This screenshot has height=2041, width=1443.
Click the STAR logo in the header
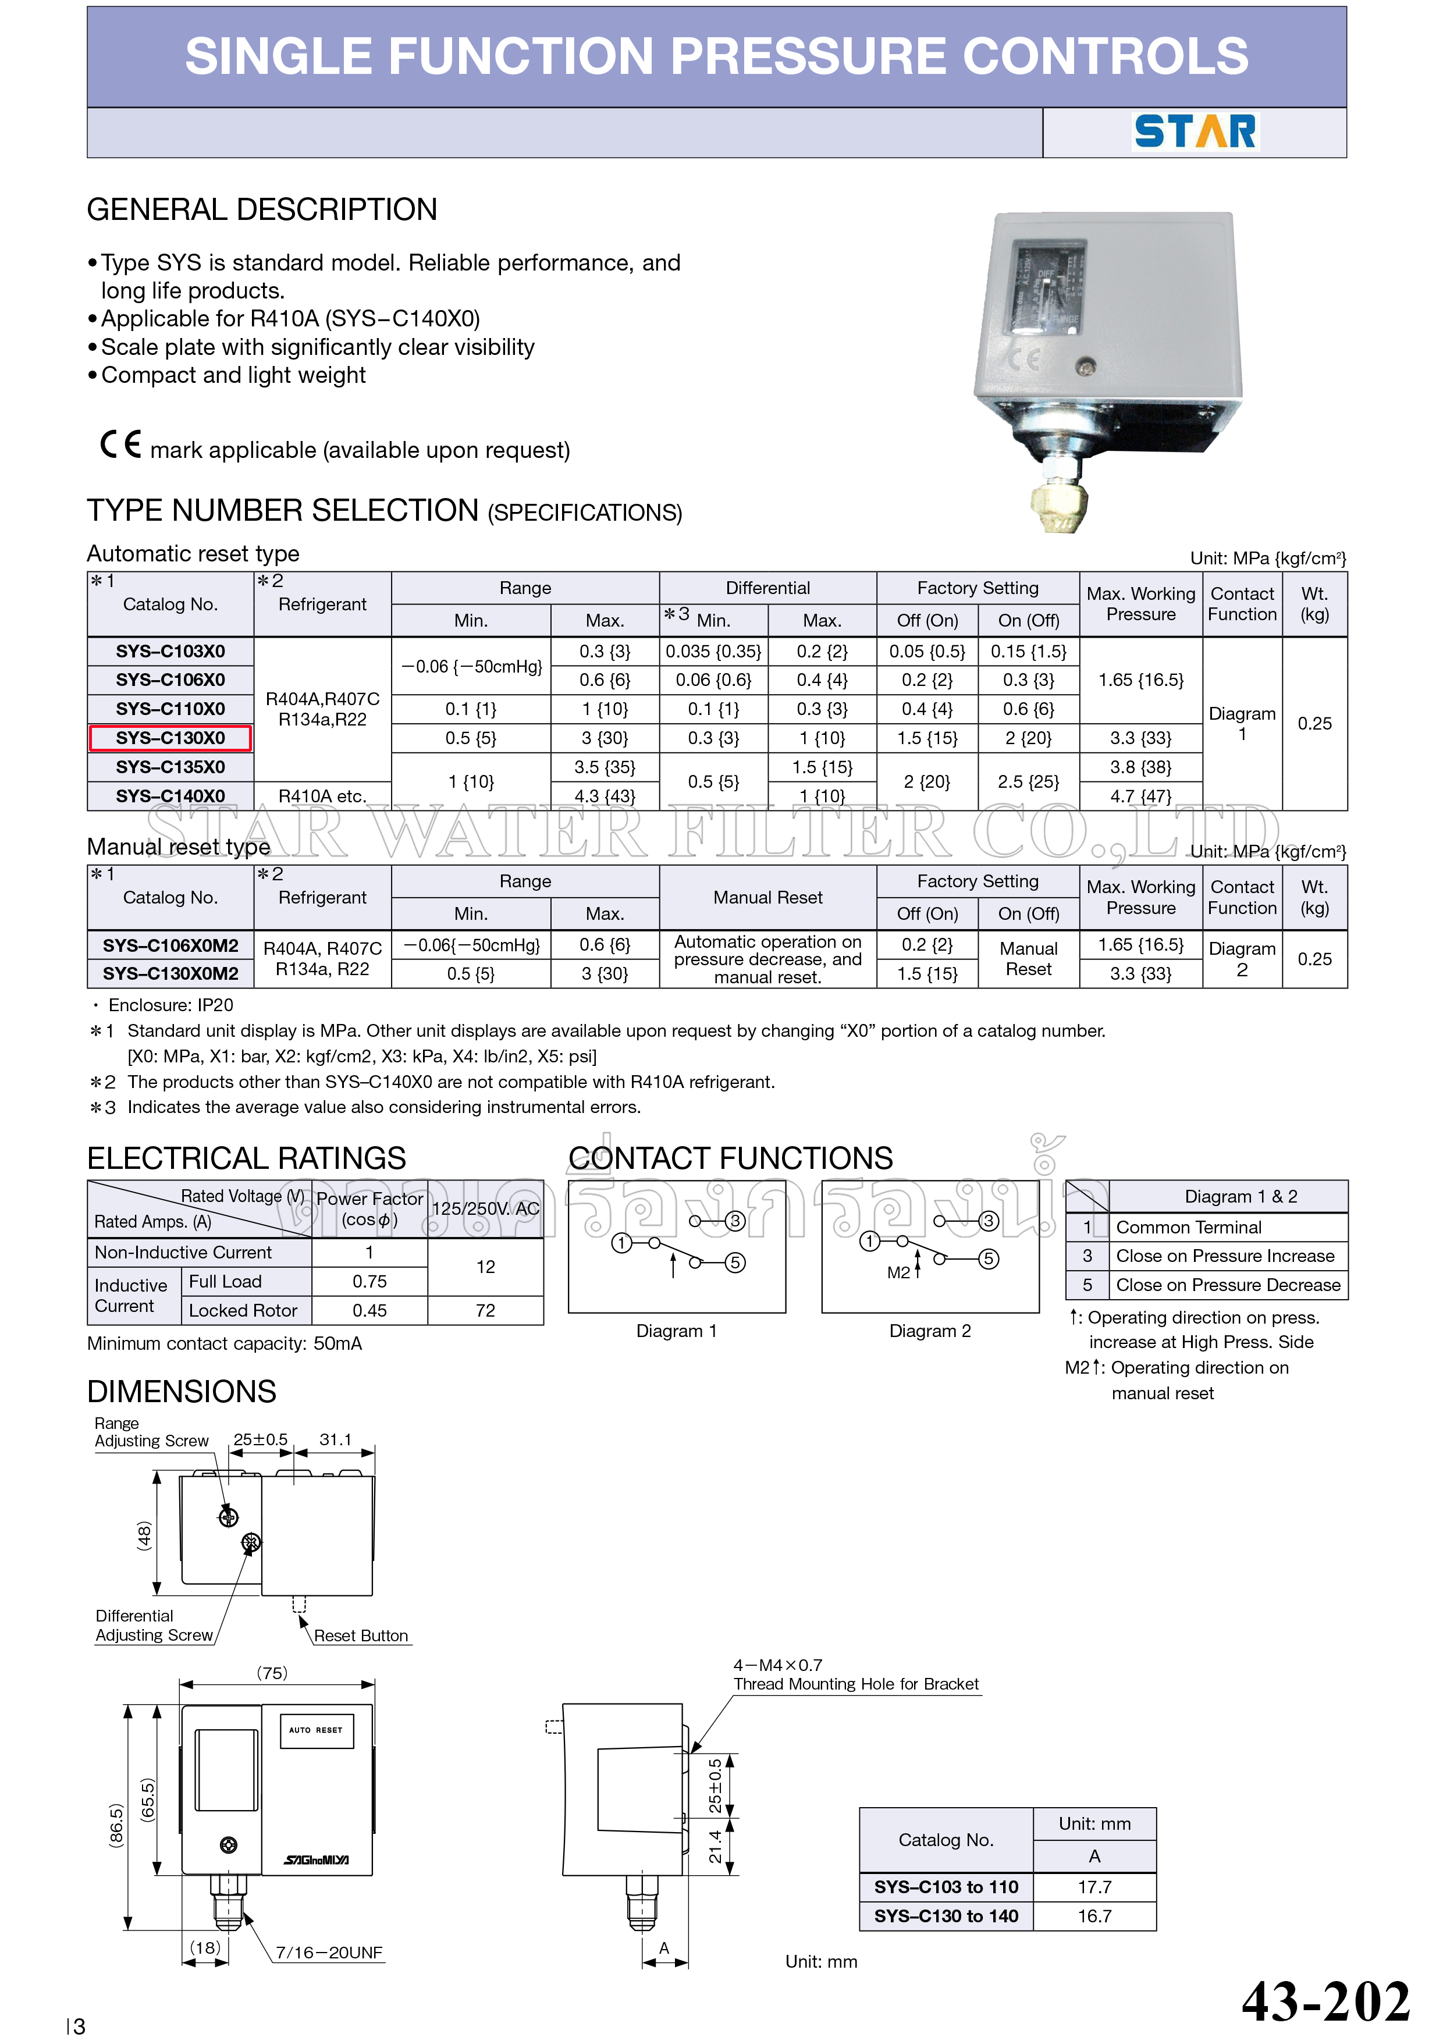tap(1195, 131)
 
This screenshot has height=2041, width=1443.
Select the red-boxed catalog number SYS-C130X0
tap(170, 738)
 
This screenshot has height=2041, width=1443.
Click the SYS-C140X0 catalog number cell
tap(170, 795)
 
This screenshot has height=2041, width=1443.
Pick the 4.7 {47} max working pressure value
tap(1140, 795)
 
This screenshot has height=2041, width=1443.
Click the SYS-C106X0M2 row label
tap(170, 945)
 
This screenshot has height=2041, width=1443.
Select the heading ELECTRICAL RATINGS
tap(246, 1158)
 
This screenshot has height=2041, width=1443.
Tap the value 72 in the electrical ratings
tap(485, 1310)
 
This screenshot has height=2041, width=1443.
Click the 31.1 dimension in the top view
tap(335, 1439)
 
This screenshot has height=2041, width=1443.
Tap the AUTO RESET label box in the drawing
tap(315, 1730)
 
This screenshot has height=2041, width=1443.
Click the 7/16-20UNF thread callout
tap(328, 1952)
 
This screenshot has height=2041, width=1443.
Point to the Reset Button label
tap(360, 1635)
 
